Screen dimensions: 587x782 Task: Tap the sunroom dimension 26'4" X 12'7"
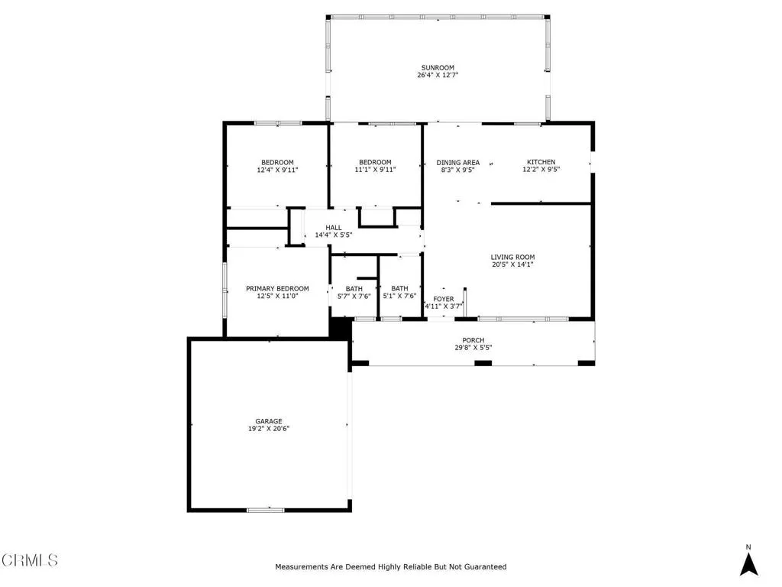tap(438, 76)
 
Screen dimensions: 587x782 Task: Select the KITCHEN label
tap(541, 162)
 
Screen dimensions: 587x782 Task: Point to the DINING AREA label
tap(458, 162)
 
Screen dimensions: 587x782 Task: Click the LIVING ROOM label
tap(512, 257)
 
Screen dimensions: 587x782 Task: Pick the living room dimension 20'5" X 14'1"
tap(512, 265)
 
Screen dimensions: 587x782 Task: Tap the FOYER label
tap(444, 299)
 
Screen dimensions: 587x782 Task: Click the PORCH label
tap(473, 340)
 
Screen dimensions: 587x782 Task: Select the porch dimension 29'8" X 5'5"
tap(473, 349)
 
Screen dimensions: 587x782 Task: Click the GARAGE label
tap(269, 421)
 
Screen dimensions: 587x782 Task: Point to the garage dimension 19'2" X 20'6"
tap(269, 430)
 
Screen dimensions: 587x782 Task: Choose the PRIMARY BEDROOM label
tap(277, 288)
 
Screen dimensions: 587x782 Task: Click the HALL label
tap(334, 227)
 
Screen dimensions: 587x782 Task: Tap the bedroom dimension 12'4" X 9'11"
tap(277, 170)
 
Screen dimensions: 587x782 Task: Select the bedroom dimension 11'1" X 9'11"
tap(375, 170)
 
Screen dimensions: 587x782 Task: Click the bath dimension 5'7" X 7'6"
tap(354, 297)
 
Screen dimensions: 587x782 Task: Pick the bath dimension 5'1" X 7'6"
tap(399, 297)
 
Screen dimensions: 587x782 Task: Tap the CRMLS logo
tap(30, 560)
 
